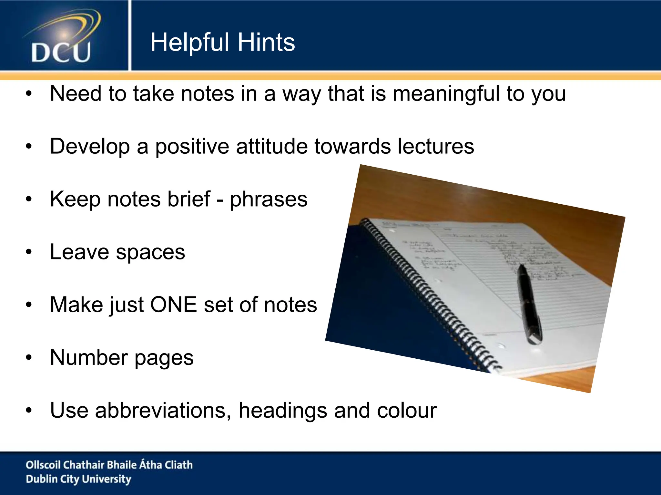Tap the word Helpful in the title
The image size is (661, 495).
click(x=190, y=42)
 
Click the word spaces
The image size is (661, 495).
click(x=150, y=252)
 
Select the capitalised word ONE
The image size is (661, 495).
click(x=174, y=305)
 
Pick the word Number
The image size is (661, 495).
click(x=89, y=357)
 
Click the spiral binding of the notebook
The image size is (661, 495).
click(x=429, y=290)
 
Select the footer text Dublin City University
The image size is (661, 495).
click(x=78, y=479)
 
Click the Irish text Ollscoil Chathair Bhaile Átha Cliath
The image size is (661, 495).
click(x=109, y=465)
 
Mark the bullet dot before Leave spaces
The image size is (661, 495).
click(x=29, y=252)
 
